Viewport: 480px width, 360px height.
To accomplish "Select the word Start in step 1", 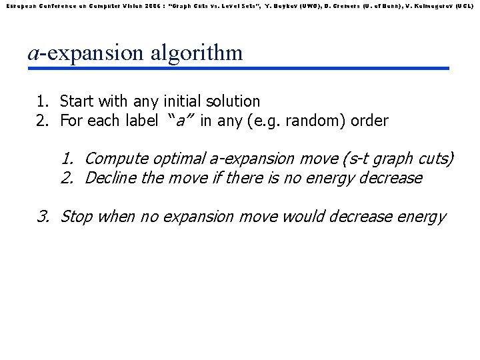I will (x=77, y=101).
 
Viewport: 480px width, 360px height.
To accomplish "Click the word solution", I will (x=234, y=101).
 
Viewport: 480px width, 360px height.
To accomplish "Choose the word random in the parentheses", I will (x=317, y=121).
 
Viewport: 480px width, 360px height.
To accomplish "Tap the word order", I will (x=370, y=121).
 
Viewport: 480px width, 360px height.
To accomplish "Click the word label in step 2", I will (x=141, y=121).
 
